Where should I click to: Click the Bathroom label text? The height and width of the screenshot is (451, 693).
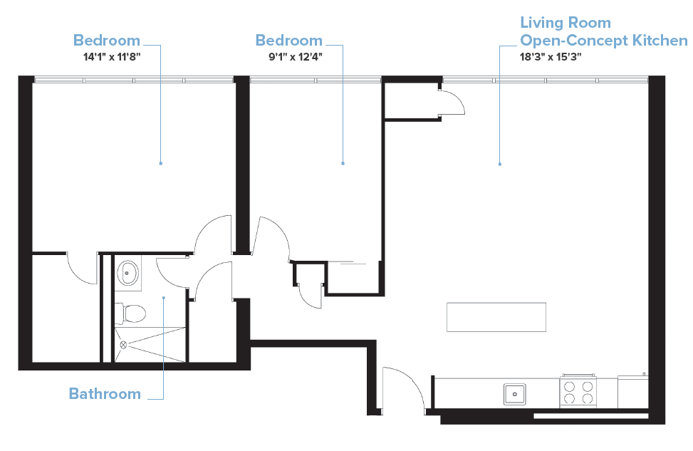point(105,393)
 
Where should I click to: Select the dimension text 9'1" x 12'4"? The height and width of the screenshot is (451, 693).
point(289,58)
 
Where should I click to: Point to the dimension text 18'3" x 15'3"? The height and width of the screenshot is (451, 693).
point(551,58)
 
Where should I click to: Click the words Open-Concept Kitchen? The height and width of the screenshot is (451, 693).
point(604,40)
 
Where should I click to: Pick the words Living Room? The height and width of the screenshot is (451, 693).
point(566,23)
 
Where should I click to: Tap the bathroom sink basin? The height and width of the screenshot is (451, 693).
point(129,271)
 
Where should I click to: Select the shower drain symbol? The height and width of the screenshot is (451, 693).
point(123,344)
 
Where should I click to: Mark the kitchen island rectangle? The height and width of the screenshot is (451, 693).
point(496,317)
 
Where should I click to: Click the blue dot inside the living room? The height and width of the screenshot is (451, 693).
point(500,165)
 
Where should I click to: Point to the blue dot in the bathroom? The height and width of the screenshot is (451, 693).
point(163,297)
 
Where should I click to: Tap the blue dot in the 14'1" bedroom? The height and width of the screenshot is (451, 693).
point(161,163)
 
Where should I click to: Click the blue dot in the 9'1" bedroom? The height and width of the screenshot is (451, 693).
point(343,163)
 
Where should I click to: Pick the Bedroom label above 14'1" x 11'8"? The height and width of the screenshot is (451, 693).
point(107,40)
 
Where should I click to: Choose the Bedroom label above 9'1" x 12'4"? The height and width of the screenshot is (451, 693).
point(289,40)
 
